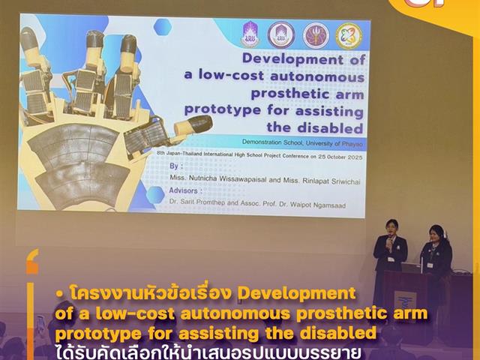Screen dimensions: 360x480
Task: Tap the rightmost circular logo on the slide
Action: pyautogui.click(x=349, y=35)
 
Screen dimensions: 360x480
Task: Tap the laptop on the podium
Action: pyautogui.click(x=412, y=267)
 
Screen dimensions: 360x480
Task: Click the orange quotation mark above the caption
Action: pyautogui.click(x=31, y=264)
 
